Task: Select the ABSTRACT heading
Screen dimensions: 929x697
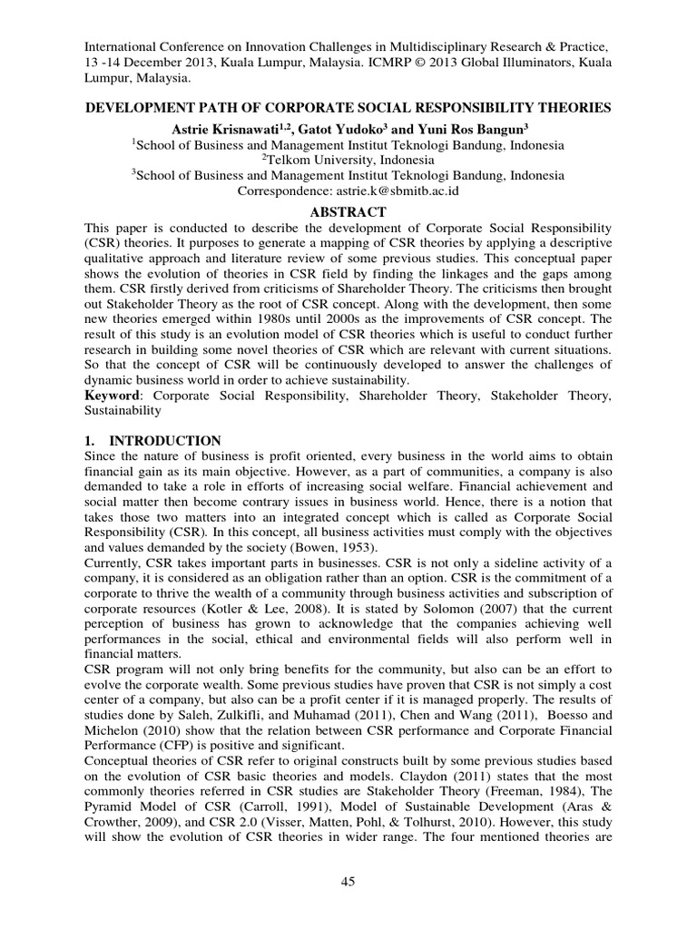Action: click(348, 211)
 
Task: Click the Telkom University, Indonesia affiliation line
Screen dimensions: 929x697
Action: click(348, 161)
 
